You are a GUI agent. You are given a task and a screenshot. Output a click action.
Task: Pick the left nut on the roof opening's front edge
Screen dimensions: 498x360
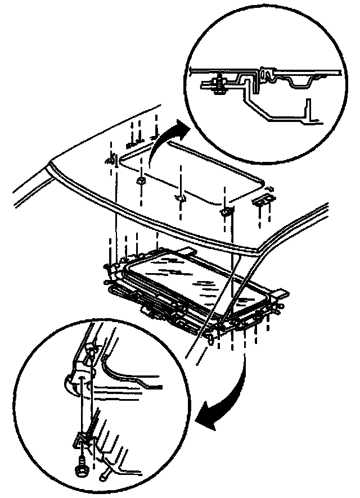point(140,180)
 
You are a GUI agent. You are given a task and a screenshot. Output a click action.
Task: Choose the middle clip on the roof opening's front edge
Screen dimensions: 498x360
point(180,198)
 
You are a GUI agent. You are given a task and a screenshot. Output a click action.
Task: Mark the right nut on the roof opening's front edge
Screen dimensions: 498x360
point(225,211)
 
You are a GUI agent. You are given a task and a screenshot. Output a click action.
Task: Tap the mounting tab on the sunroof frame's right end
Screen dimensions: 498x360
point(281,293)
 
